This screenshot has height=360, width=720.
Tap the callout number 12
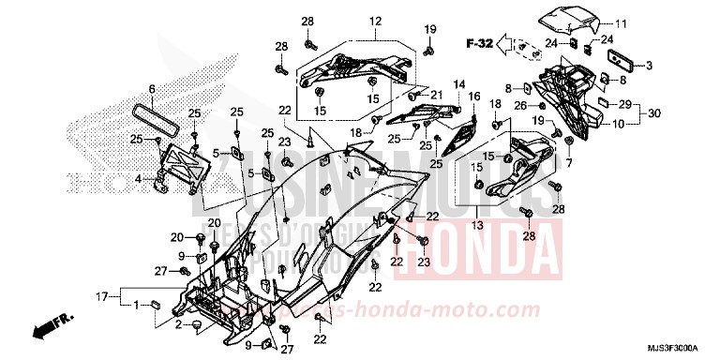375,22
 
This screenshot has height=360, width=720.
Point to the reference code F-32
480,43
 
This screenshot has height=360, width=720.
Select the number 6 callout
152,89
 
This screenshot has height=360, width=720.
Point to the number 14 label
459,84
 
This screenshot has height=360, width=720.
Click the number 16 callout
474,97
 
